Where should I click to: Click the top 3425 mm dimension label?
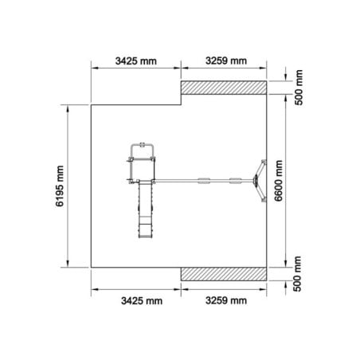pos(135,61)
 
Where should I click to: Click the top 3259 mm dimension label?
pos(226,61)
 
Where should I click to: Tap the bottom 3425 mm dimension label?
pos(142,301)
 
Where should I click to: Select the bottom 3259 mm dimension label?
pos(226,300)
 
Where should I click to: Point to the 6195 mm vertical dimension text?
pos(60,186)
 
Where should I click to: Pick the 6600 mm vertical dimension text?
pos(278,181)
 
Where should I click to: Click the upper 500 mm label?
pos(299,88)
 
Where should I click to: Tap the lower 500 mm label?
pos(297,274)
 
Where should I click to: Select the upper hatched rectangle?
pos(224,88)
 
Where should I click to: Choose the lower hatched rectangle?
pos(224,274)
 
